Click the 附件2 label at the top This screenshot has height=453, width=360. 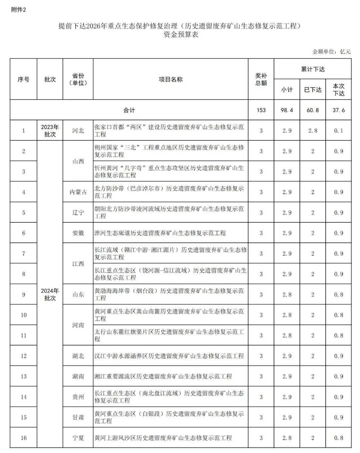(18, 10)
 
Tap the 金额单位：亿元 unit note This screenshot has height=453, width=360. (331, 52)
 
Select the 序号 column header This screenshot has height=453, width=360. (23, 79)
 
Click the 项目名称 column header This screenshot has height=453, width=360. (170, 79)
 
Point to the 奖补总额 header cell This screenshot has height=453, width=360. (261, 79)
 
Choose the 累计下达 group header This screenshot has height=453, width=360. (312, 69)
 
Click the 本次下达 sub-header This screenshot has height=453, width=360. (338, 90)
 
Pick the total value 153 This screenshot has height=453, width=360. (261, 110)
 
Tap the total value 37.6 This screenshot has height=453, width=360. (338, 110)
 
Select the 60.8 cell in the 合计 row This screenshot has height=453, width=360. (312, 110)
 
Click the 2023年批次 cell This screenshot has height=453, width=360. (50, 131)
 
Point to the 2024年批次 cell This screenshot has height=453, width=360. (50, 294)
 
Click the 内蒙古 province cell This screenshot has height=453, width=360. (78, 192)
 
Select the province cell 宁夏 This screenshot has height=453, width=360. (78, 438)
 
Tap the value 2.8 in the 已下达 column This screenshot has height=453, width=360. (312, 131)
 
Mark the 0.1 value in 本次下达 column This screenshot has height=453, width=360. (338, 131)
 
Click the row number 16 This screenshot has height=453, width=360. (23, 438)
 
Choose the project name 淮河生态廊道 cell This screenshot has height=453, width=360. (160, 233)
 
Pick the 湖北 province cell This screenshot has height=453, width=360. (78, 356)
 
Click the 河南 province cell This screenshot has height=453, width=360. (78, 325)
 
